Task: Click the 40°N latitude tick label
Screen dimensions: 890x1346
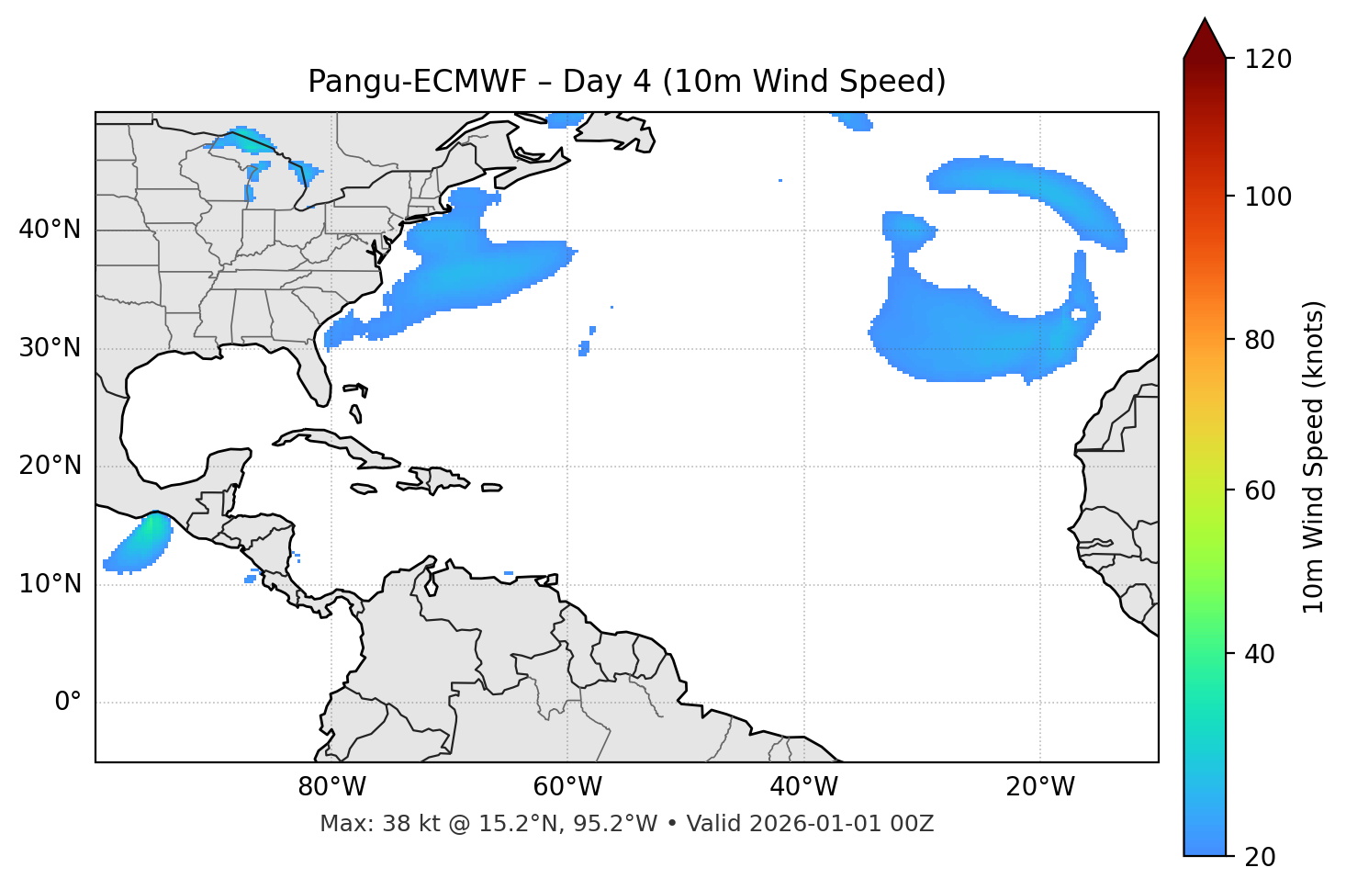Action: [50, 230]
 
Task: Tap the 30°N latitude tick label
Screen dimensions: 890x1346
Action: [50, 348]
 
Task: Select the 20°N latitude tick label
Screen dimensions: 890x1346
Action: [50, 466]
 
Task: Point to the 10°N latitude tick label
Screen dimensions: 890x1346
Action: [50, 584]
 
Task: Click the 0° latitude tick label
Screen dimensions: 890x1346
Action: [67, 703]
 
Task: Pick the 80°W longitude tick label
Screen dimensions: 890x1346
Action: [331, 787]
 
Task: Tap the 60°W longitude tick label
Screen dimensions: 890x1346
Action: [567, 787]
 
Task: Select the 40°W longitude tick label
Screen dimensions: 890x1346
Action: [803, 787]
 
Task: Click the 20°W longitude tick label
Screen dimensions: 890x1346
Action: [1040, 787]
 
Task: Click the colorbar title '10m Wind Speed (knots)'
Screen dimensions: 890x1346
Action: [1314, 456]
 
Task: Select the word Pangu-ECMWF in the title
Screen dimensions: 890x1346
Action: [417, 82]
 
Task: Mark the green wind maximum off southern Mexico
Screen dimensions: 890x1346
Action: [147, 532]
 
